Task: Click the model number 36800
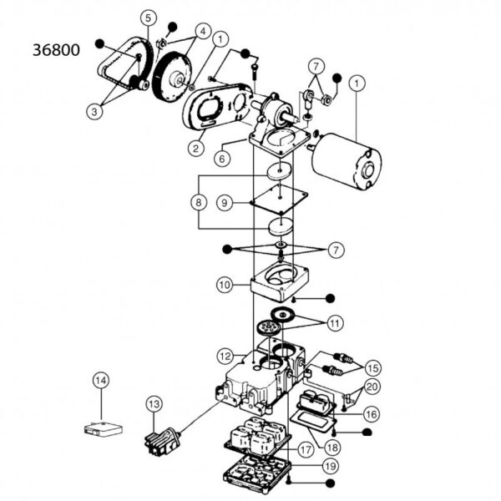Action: tap(55, 50)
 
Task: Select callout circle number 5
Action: tap(148, 18)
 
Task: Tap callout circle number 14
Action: tap(100, 381)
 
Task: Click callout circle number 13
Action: tap(153, 404)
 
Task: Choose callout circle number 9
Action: tap(224, 202)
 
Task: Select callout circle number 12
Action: tap(225, 357)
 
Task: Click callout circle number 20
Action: tap(372, 387)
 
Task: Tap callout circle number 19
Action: tap(331, 465)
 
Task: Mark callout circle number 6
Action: tap(223, 156)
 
